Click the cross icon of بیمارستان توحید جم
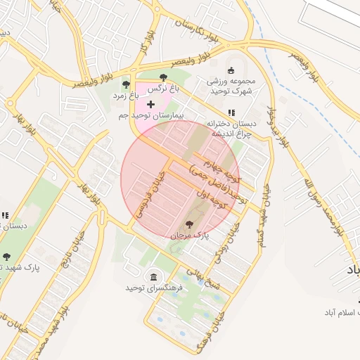pos(150,104)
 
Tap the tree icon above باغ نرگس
pos(164,78)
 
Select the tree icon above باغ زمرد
pos(126,84)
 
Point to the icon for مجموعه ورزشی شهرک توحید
pos(231,69)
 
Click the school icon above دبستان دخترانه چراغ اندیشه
pos(231,112)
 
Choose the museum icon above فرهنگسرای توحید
pos(153,276)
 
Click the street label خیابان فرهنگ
pos(203,330)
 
